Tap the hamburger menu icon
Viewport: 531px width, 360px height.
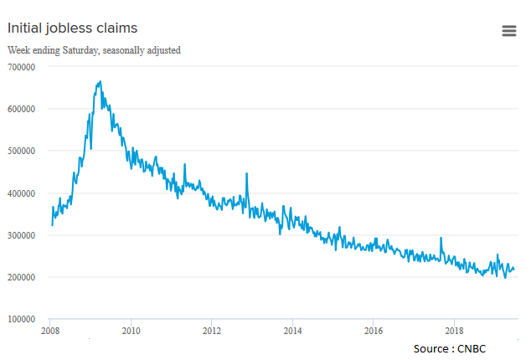(x=508, y=31)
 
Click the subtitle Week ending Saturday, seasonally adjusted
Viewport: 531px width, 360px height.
(x=94, y=50)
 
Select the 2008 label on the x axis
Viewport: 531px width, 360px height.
(x=49, y=332)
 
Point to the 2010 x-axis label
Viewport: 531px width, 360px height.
(x=131, y=332)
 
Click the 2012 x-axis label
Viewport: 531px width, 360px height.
(x=211, y=332)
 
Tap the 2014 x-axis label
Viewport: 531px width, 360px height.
(x=292, y=332)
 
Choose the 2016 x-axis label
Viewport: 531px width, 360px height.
(x=374, y=332)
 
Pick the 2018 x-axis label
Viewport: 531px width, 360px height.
(x=455, y=332)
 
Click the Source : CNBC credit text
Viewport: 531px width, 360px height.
(x=450, y=347)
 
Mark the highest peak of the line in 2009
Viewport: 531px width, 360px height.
(x=101, y=82)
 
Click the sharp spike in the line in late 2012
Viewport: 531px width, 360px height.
(x=246, y=173)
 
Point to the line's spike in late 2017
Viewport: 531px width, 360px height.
(x=441, y=239)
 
